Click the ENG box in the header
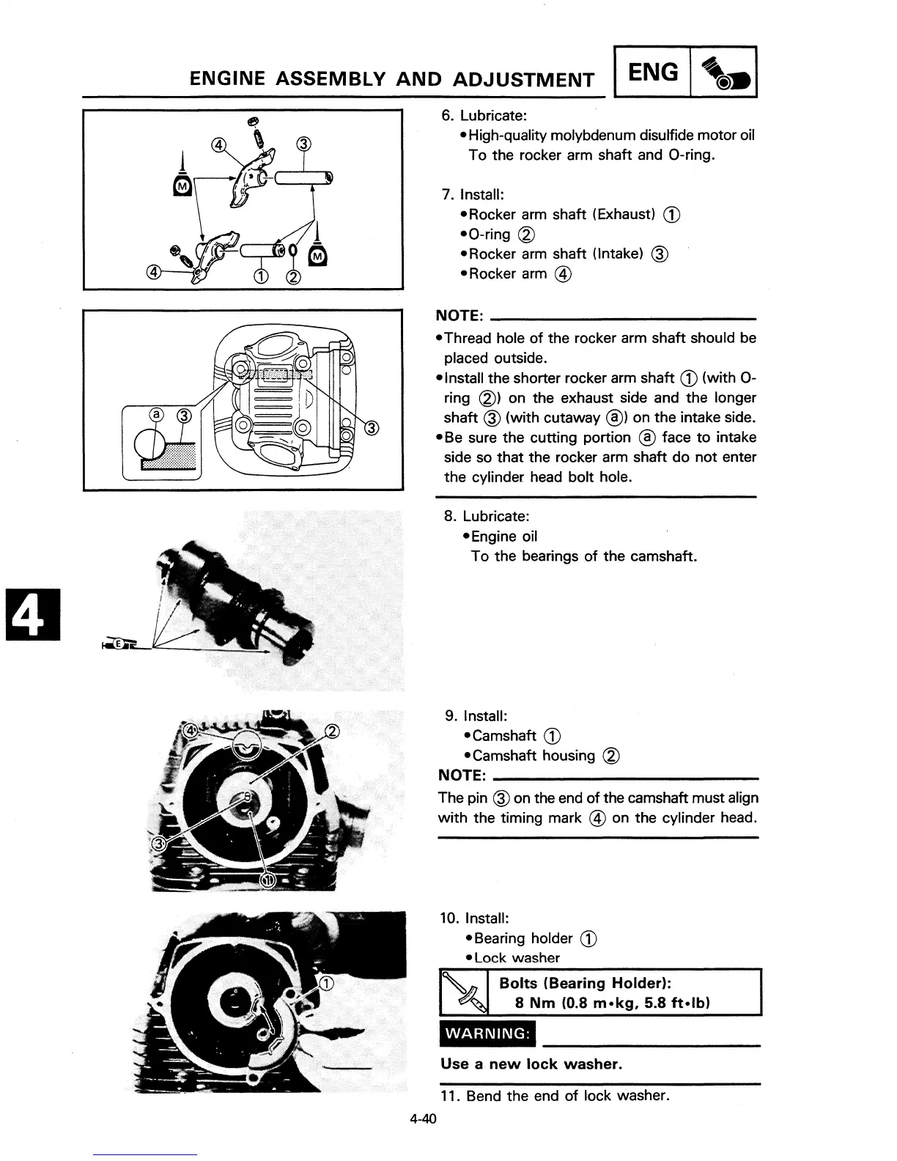(654, 72)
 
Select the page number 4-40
(423, 1119)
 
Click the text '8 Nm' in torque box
(536, 1003)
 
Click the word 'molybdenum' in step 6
(592, 136)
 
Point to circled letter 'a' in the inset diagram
(155, 416)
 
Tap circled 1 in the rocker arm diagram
(259, 276)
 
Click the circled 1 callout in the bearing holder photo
(326, 983)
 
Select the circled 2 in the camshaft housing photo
(332, 731)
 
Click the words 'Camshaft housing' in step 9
(534, 756)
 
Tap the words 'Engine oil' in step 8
(503, 537)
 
